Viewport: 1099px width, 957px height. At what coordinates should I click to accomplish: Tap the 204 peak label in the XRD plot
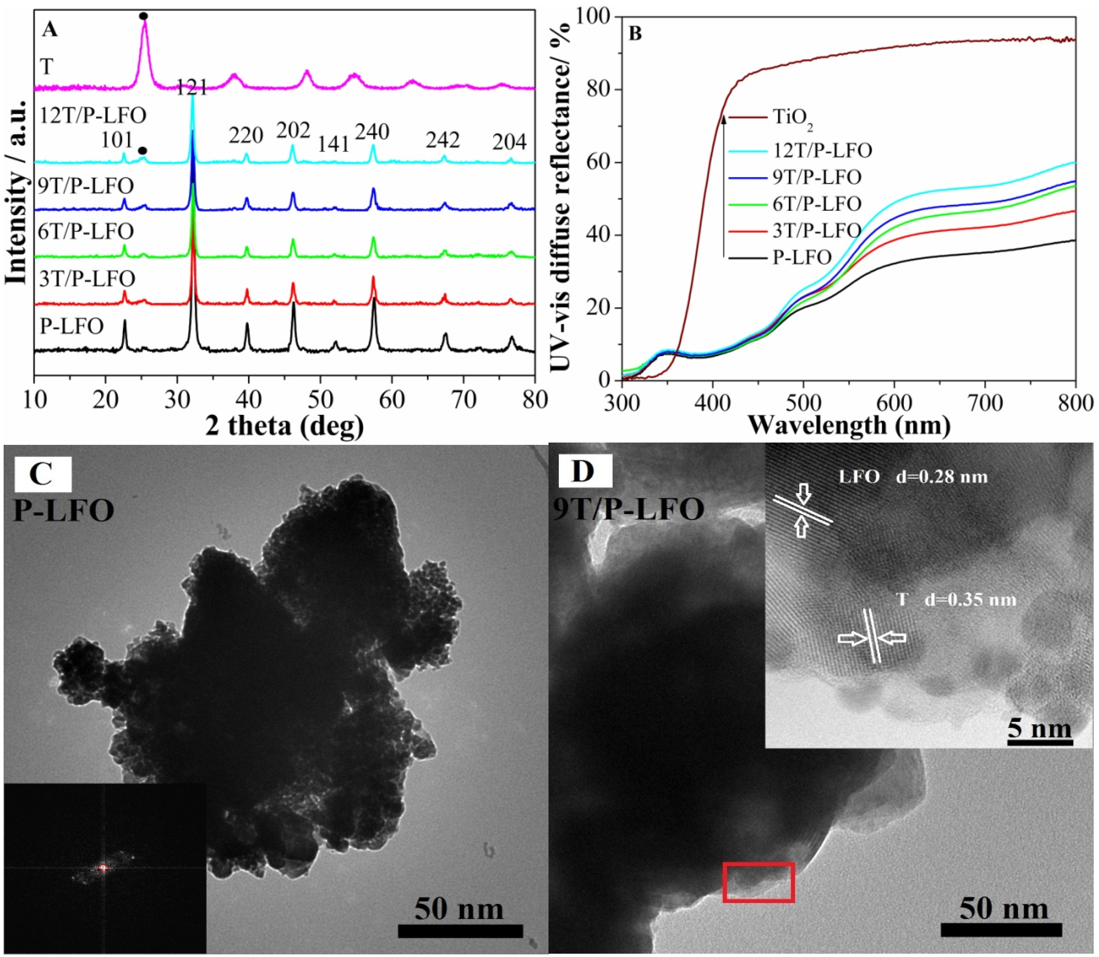point(509,142)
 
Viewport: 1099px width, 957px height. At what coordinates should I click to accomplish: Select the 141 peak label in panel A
point(334,144)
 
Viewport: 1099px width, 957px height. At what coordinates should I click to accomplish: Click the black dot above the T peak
point(143,16)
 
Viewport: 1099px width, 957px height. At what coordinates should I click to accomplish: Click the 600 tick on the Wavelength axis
point(894,403)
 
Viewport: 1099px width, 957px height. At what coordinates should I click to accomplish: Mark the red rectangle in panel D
point(758,882)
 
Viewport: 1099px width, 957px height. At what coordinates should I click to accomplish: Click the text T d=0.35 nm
point(955,600)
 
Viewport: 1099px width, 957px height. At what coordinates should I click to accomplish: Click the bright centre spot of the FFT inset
point(104,868)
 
